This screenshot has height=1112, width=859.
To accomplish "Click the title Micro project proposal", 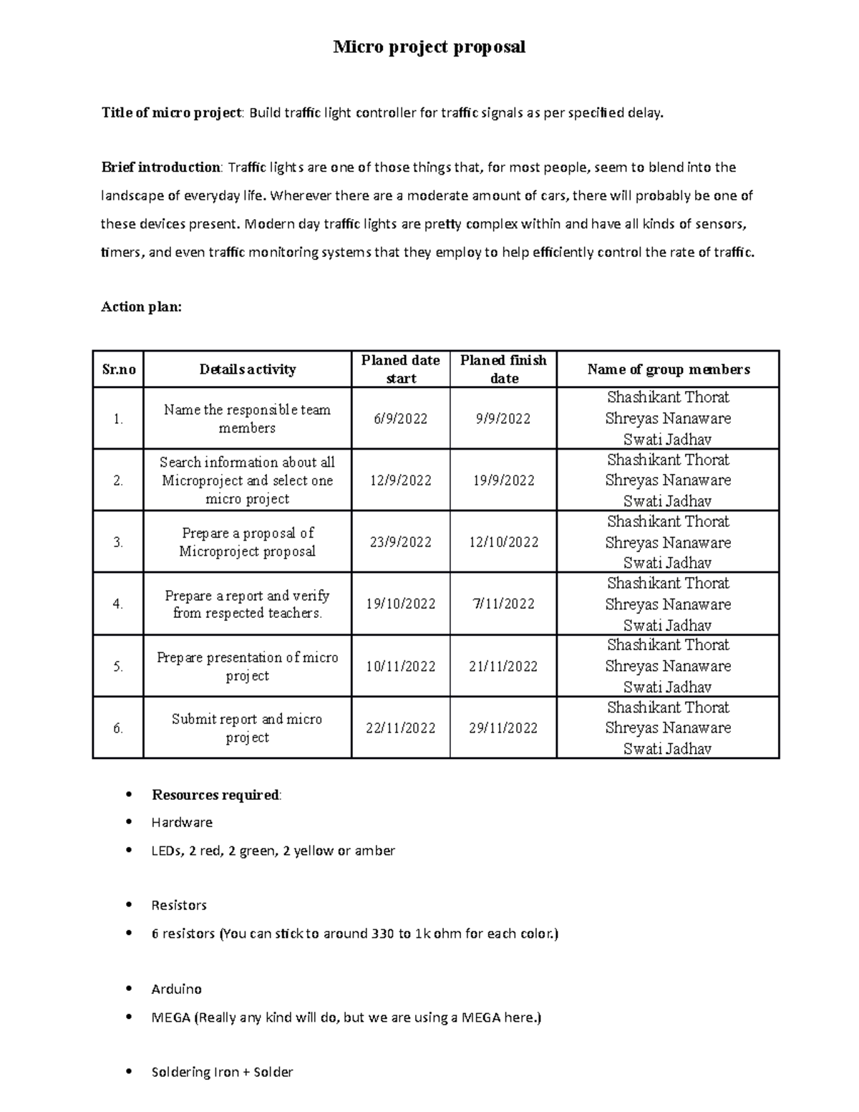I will [429, 47].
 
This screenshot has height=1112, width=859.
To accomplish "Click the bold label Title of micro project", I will [172, 112].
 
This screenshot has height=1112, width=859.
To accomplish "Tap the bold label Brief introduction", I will [161, 168].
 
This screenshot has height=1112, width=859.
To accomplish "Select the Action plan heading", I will [142, 306].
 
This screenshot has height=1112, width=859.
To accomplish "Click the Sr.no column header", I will [118, 369].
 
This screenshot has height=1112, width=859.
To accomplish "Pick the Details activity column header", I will [247, 369].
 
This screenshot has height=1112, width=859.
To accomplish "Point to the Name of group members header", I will [668, 369].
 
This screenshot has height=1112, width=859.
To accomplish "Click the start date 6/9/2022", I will [400, 419].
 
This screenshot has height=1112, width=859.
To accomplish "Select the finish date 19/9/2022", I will [503, 480].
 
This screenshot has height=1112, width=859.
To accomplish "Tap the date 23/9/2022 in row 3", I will [400, 542].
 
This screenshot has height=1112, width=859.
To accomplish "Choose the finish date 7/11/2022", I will [503, 604].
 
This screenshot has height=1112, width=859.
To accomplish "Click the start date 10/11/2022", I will [400, 667].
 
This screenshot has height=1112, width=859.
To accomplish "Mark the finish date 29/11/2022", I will [503, 728].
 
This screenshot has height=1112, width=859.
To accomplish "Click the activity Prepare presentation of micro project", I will [247, 667].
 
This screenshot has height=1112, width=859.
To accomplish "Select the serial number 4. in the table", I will [118, 604].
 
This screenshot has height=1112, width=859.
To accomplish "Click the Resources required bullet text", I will [216, 795].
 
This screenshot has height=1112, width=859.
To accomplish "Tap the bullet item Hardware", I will [182, 823].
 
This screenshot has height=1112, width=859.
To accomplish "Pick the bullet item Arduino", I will [176, 989].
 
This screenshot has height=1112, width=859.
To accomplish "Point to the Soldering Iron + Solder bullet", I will [222, 1072].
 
